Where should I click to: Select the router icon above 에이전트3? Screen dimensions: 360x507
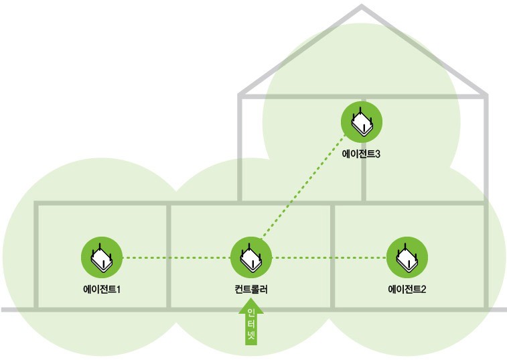click(x=362, y=121)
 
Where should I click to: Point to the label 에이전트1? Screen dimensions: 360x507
click(x=102, y=290)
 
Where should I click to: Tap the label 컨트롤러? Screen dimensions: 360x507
click(x=251, y=290)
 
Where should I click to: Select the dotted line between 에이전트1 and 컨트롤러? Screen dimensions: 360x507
click(x=175, y=257)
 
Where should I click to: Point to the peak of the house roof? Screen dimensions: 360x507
click(x=362, y=7)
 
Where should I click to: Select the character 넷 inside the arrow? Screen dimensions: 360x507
click(x=251, y=335)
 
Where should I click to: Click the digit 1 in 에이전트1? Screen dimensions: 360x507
click(x=119, y=290)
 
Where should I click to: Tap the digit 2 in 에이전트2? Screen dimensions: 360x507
click(x=424, y=290)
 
